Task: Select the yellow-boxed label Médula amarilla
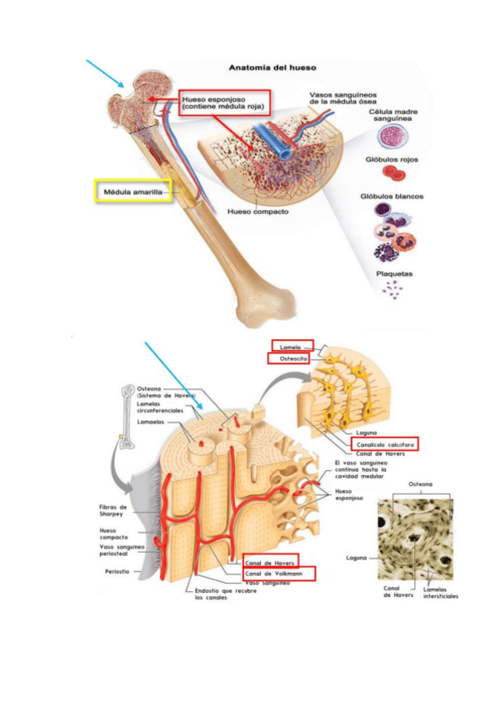(132, 191)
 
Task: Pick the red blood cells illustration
(392, 173)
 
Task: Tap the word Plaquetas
(392, 273)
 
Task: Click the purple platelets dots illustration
(392, 290)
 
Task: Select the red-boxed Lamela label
(292, 346)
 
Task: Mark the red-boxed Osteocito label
(288, 359)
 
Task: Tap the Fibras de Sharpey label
(112, 510)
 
